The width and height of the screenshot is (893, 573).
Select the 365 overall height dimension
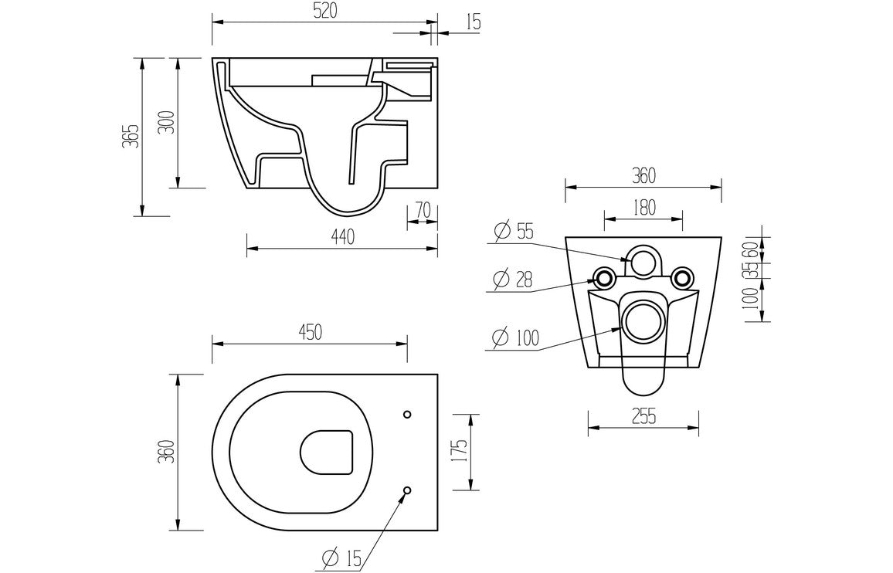[132, 136]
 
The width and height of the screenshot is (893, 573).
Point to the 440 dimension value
[341, 238]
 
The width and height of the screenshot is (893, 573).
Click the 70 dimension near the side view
[423, 211]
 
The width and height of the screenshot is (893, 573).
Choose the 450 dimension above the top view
[309, 332]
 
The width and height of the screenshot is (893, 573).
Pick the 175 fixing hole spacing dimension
[458, 452]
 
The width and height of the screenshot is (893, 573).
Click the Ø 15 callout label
[339, 558]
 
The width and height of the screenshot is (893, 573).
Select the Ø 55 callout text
[513, 231]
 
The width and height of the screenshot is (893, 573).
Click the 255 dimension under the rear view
[643, 416]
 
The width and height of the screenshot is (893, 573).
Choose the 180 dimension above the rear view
[643, 207]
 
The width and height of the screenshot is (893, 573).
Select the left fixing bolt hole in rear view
[604, 276]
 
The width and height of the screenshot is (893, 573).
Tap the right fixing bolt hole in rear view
[681, 276]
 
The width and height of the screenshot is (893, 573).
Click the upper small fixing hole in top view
[408, 415]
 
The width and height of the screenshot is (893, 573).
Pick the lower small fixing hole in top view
[408, 490]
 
